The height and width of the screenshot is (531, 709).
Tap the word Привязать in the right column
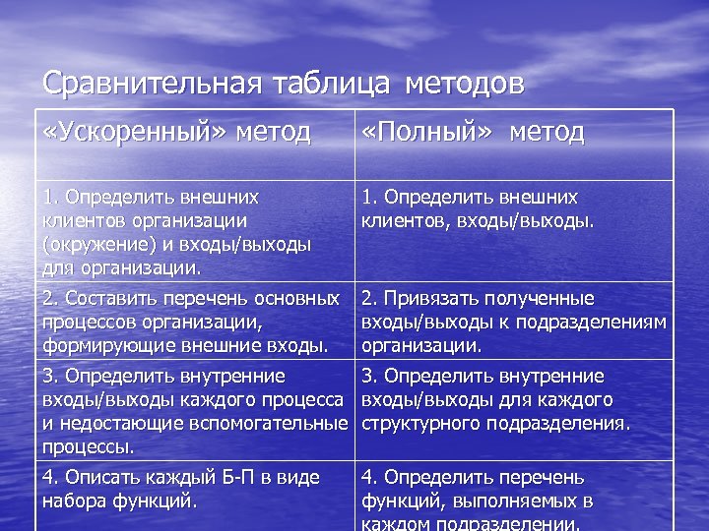pyautogui.click(x=429, y=298)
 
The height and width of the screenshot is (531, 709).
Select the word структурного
pyautogui.click(x=427, y=424)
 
